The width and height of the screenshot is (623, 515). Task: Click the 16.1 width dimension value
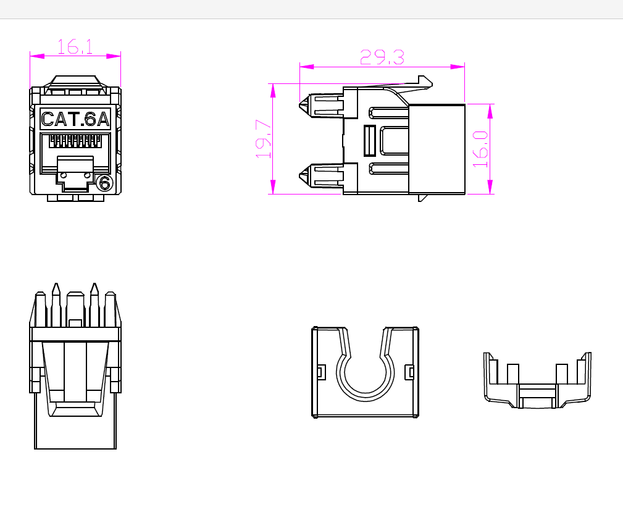75,46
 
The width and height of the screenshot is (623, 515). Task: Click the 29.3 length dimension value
382,57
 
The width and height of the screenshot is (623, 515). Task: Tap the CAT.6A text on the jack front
75,119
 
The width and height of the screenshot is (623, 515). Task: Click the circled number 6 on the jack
104,183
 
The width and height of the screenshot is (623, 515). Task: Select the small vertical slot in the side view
370,141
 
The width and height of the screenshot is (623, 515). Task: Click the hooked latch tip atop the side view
425,80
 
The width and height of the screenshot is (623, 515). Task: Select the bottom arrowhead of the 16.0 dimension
490,186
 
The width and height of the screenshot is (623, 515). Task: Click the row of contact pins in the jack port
75,140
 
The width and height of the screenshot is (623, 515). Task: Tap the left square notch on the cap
320,372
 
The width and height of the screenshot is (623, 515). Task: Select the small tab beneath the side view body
423,198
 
